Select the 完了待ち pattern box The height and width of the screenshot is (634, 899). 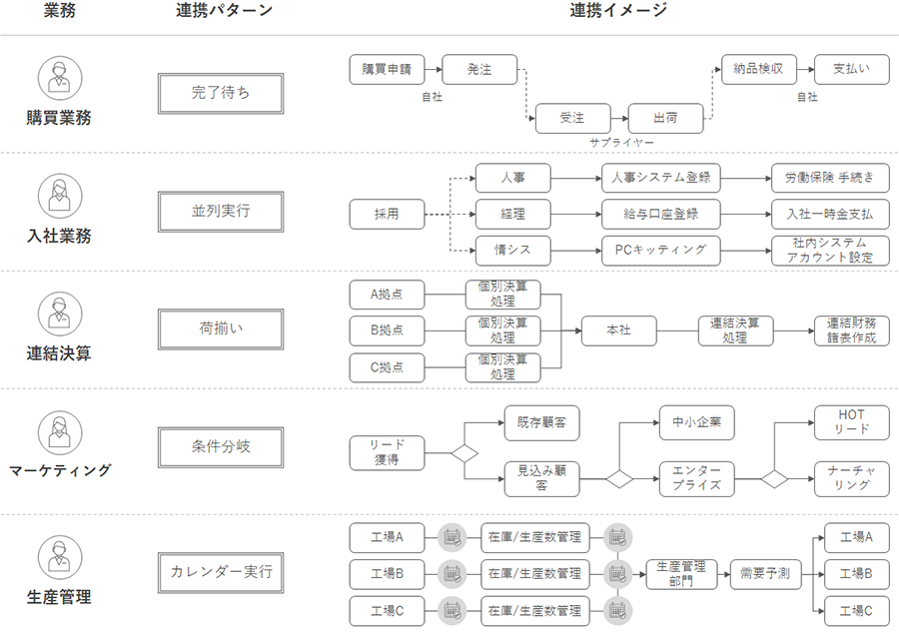221,94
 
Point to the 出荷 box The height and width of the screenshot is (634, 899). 665,119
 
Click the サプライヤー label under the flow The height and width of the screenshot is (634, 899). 621,143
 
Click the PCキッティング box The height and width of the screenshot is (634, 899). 660,250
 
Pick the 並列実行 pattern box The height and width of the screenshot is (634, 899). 221,212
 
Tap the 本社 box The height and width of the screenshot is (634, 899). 619,330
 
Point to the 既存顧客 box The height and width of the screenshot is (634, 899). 541,422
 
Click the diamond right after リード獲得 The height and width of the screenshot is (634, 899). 464,453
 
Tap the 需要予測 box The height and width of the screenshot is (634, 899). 765,574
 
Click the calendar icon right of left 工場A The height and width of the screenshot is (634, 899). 451,537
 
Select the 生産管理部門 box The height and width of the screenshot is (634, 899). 682,574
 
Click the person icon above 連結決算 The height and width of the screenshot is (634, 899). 59,313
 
